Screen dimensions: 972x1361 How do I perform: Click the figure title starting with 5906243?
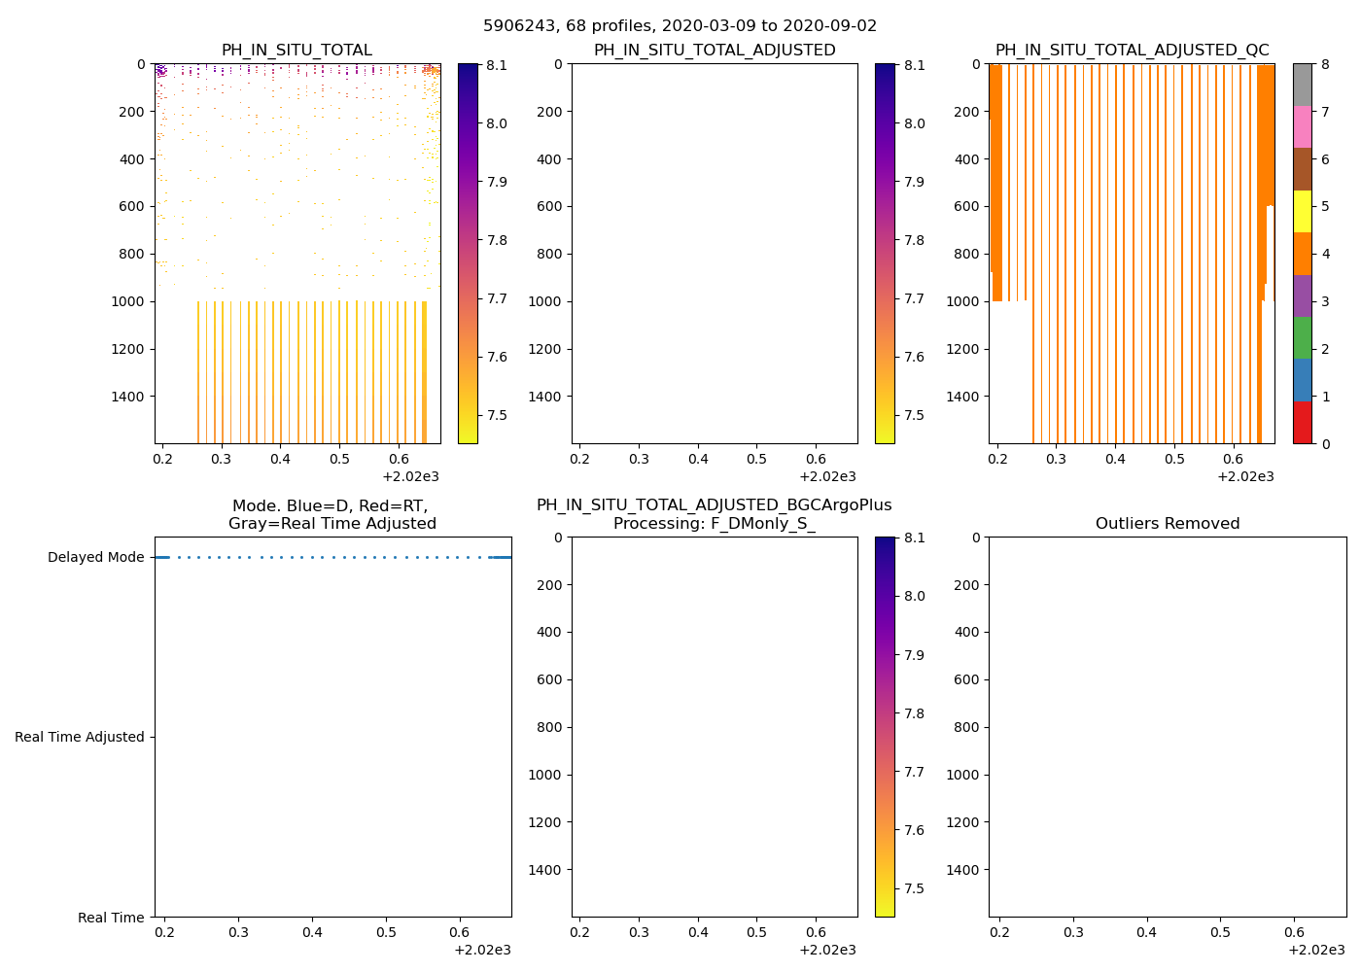(680, 26)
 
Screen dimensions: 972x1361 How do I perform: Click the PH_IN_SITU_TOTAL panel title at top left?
(297, 51)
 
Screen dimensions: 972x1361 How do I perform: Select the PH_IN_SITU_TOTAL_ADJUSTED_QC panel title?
(1132, 51)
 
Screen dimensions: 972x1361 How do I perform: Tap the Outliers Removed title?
(1168, 524)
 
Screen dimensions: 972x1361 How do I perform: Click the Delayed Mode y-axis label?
(95, 558)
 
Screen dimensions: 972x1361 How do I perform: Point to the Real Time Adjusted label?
(80, 738)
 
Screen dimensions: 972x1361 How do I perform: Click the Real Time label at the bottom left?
(111, 918)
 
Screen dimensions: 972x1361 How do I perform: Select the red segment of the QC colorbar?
(1302, 423)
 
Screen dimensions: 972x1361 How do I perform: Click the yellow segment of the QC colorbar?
(1302, 212)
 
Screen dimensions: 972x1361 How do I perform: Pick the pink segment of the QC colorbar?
(1302, 127)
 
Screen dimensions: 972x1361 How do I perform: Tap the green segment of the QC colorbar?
(1302, 338)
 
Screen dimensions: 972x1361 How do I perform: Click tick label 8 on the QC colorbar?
(1323, 65)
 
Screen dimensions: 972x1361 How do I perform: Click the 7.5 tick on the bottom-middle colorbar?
(914, 888)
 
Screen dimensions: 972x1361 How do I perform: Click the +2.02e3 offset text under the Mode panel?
(482, 950)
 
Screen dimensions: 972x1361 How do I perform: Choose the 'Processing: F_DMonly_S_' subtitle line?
(714, 524)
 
